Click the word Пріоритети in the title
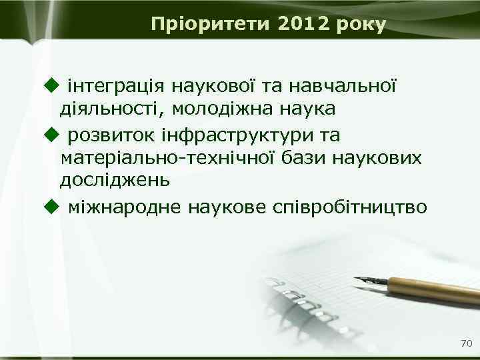click(209, 25)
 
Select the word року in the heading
click(362, 25)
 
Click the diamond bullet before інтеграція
click(49, 85)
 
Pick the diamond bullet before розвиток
click(49, 135)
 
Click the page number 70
click(466, 343)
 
